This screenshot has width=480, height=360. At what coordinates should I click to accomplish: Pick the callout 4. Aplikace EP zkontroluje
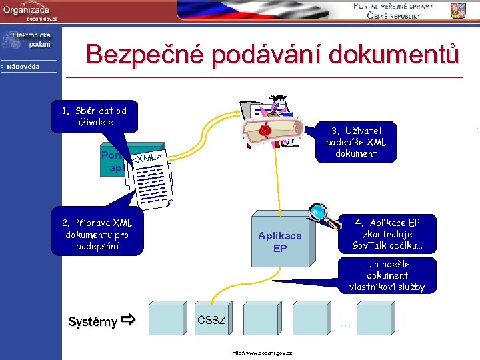[387, 234]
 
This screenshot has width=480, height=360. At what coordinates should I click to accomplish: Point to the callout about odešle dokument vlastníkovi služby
[387, 275]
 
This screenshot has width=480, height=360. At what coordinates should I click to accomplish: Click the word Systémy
[93, 322]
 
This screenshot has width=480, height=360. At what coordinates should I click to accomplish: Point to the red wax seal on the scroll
[265, 131]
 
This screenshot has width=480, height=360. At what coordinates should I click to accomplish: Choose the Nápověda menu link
[23, 67]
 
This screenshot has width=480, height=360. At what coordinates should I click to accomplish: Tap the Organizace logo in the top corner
[30, 12]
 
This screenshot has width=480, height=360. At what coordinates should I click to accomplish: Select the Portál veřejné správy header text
[393, 11]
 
